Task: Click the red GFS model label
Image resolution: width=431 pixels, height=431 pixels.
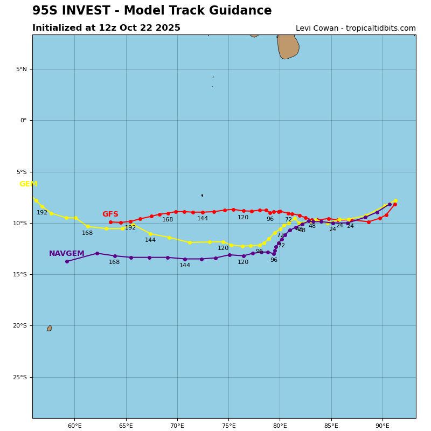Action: pos(110,214)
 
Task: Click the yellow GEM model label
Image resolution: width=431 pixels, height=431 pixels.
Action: pos(28,184)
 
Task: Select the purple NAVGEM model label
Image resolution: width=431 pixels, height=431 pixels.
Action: pos(66,254)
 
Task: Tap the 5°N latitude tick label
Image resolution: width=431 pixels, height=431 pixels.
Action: pos(21,69)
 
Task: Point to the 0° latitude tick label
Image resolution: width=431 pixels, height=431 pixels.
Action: pos(23,121)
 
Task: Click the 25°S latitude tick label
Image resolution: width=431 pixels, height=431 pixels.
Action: pos(20,377)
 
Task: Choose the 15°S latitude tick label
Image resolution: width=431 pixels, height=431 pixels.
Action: pos(20,275)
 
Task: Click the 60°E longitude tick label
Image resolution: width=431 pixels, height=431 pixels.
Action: pos(74,426)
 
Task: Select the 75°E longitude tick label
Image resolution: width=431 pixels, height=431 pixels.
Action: pos(228,426)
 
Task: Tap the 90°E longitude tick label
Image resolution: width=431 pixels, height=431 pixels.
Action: pos(383,426)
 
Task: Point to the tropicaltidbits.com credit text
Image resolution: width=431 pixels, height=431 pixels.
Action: pos(356,29)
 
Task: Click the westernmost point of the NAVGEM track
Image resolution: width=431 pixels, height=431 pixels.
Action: pos(67,261)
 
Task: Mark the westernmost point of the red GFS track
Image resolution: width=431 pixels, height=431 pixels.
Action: pos(110,222)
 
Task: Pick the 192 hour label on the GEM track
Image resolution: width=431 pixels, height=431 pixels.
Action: pos(42,213)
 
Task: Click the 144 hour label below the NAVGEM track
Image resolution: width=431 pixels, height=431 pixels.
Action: pos(185,266)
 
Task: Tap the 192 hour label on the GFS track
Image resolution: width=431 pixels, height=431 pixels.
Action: pos(130,228)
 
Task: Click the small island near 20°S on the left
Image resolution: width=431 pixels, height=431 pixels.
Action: pos(49,328)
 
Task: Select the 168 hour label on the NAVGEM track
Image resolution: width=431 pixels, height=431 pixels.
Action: pos(114,262)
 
